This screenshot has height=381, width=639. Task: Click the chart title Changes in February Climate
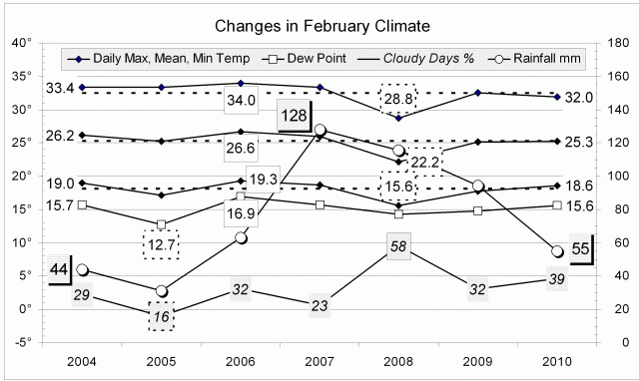[x=319, y=23]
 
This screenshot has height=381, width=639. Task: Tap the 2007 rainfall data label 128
[x=294, y=116]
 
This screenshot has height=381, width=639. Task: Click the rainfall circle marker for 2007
[x=320, y=131]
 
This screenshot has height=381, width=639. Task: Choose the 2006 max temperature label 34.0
[x=242, y=100]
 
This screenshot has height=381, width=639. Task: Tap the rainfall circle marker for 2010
[x=556, y=251]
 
